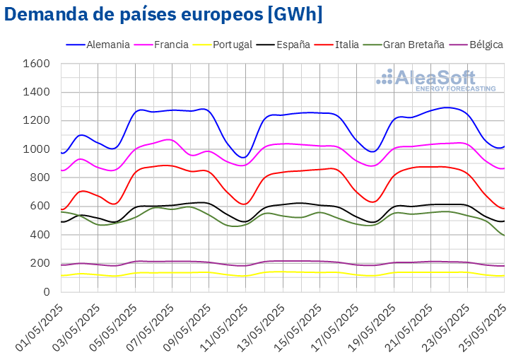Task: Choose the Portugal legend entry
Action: coord(231,45)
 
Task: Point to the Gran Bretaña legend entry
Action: coord(414,45)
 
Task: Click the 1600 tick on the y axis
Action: coord(36,64)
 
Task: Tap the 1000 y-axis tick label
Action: coord(36,149)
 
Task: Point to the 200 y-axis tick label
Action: coord(40,263)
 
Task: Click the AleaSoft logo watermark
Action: coord(435,80)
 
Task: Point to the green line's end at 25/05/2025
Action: coord(504,236)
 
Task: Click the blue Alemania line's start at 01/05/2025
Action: coord(61,153)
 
